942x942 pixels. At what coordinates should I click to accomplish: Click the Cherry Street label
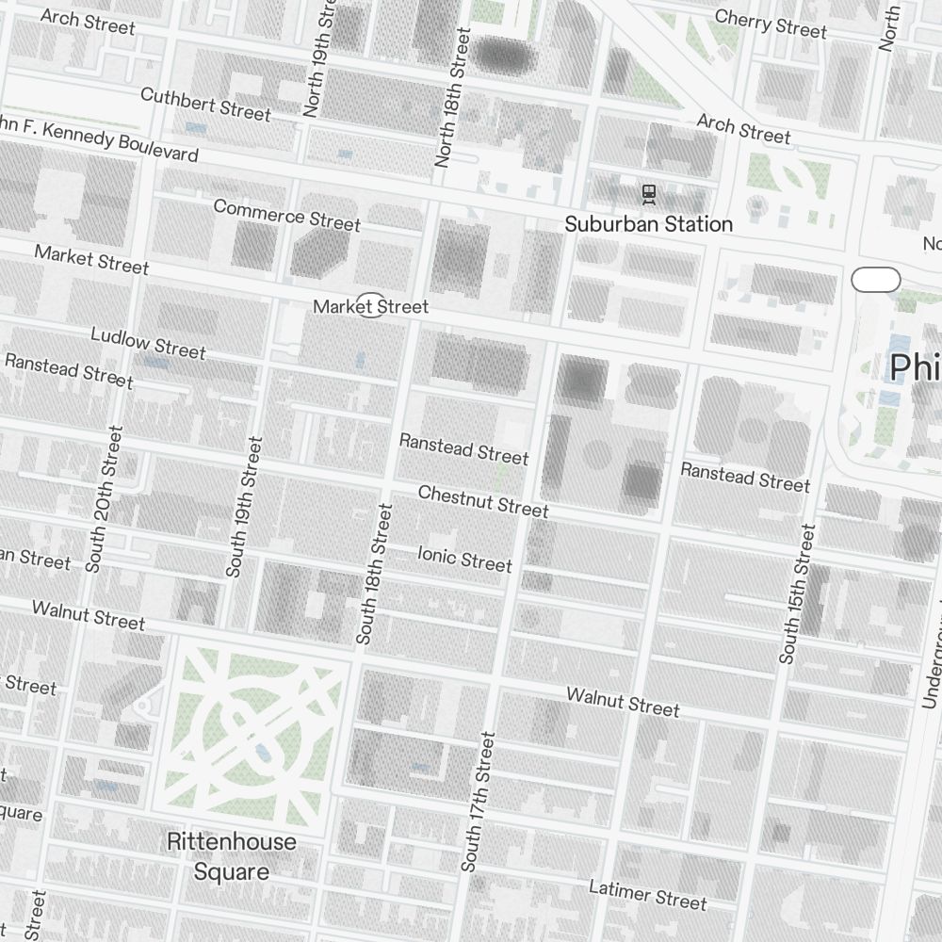tap(770, 23)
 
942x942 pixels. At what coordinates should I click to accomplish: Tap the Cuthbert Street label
tap(205, 104)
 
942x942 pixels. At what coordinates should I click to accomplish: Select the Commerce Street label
tap(286, 215)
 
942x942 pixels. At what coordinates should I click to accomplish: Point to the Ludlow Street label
tap(148, 343)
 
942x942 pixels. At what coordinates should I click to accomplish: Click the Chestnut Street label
tap(482, 501)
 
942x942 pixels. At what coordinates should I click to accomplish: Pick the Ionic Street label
tap(464, 559)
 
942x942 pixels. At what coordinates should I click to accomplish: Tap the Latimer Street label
tap(647, 894)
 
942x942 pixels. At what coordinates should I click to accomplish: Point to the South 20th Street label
tap(104, 499)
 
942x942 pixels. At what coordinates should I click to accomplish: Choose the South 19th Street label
tap(241, 507)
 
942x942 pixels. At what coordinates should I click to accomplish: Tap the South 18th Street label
tap(373, 574)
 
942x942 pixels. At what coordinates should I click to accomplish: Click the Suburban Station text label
tap(648, 224)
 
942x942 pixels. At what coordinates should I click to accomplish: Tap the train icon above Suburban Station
tap(648, 193)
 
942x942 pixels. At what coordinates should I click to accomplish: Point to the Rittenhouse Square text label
tap(231, 856)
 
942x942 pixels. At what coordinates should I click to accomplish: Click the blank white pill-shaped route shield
tap(875, 280)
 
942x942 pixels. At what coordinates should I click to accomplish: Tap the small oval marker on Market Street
tap(371, 306)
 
